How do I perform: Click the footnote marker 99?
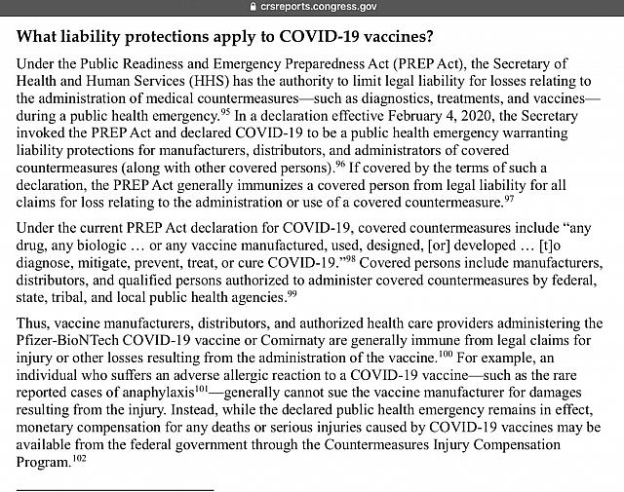click(x=292, y=292)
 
